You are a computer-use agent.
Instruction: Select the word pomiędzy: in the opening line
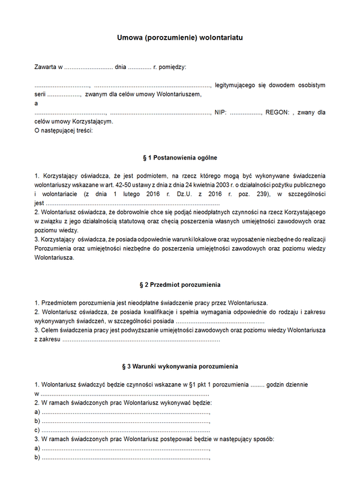point(172,66)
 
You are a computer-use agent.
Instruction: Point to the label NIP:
point(220,112)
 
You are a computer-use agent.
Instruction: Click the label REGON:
point(278,112)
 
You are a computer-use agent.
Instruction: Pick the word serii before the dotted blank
point(40,94)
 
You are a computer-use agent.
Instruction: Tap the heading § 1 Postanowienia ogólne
point(180,158)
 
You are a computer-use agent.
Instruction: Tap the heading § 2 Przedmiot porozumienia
point(180,284)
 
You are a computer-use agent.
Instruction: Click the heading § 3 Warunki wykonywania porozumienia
point(180,366)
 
